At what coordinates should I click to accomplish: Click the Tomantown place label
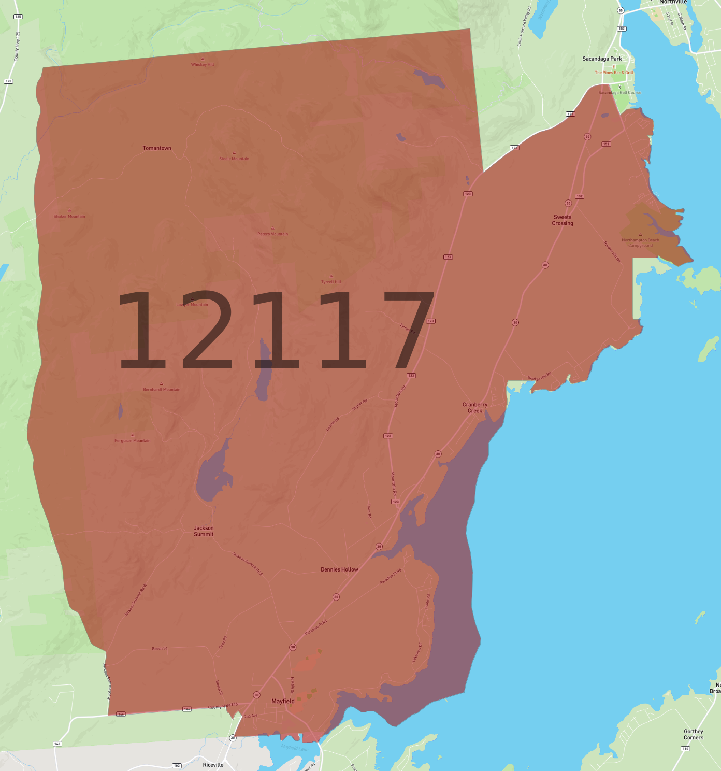pos(157,148)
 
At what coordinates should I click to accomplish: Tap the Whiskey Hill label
pos(203,64)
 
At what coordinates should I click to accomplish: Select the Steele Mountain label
pos(234,159)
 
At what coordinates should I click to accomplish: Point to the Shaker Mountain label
pos(69,216)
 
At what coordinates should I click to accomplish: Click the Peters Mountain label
pos(273,234)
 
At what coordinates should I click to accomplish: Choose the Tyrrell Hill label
pos(331,282)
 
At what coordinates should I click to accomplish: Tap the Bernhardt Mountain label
pos(162,389)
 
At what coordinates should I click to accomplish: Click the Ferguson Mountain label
pos(133,441)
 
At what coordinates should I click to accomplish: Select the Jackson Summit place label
pos(204,531)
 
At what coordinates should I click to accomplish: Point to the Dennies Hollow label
pos(339,569)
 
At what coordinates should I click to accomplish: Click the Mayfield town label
pos(283,701)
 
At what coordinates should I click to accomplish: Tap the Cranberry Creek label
pos(475,408)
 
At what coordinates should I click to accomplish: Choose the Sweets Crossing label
pos(563,220)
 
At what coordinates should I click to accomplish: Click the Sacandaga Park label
pos(602,59)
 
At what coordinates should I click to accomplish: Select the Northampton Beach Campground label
pos(640,242)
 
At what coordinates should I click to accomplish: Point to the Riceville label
pos(213,765)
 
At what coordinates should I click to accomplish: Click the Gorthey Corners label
pos(694,734)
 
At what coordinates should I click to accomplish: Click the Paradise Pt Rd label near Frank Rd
pos(391,577)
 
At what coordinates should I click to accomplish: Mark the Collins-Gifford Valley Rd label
pos(525,26)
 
